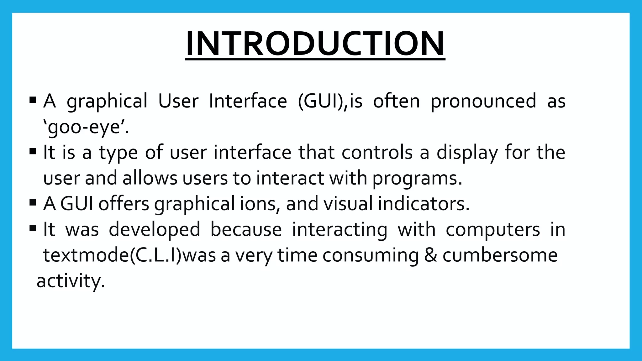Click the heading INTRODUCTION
[315, 44]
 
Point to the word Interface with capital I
[248, 101]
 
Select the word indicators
[424, 204]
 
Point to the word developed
[154, 230]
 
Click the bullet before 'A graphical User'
[33, 101]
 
